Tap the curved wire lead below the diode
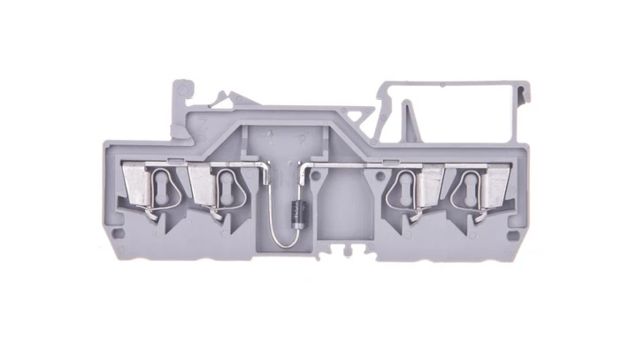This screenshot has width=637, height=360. click(x=277, y=232)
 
